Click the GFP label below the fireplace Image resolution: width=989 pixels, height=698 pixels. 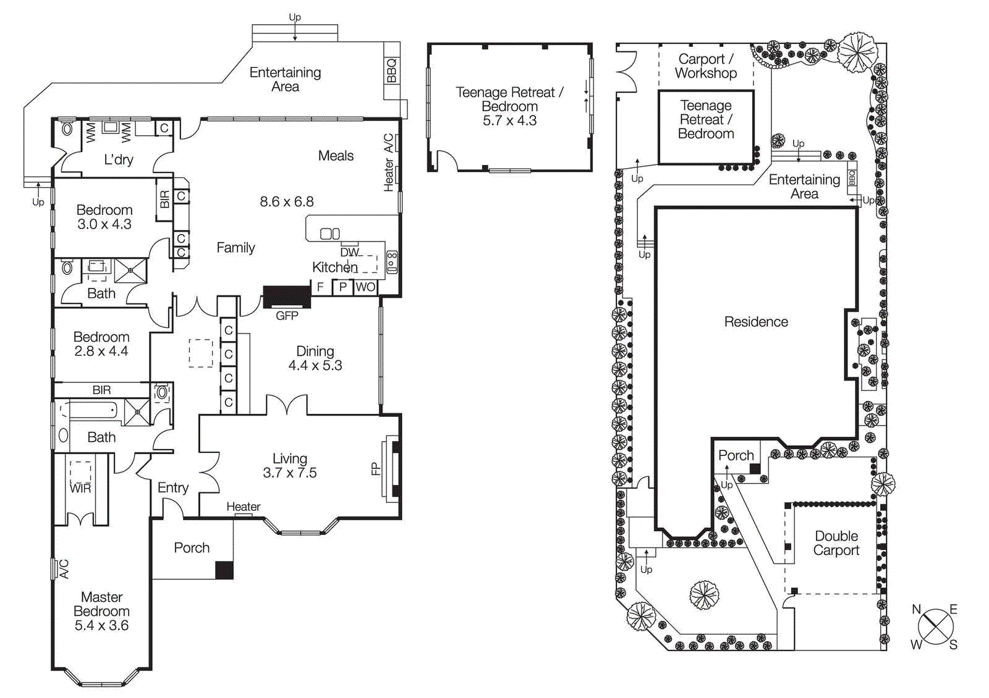point(287,316)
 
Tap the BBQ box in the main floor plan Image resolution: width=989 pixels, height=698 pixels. point(392,70)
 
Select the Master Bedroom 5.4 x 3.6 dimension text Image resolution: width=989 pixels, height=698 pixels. point(101,625)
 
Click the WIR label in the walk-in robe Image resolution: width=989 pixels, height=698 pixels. point(80,488)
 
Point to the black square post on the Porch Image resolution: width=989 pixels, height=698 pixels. point(224,570)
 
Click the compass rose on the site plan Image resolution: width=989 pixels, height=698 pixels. point(935,627)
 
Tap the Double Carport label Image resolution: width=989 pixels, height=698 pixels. point(836,543)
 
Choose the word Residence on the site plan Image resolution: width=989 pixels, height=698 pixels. point(756,322)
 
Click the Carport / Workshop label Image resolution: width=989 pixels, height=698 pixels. point(705,66)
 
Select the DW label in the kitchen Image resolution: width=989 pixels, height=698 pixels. point(349,252)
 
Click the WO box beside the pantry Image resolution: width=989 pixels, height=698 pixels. point(365,287)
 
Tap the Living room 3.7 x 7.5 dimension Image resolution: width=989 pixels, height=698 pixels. point(289,473)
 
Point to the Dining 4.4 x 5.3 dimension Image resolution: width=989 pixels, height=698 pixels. point(315,366)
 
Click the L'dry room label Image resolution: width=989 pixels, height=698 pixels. point(118,160)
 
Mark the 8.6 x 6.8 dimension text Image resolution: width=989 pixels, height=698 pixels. point(286,201)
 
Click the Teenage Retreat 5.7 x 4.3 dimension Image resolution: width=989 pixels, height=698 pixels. point(509,120)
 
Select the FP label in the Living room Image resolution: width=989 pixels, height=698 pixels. point(375,469)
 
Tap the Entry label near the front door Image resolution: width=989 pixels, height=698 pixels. point(172,488)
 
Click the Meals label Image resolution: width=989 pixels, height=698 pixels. point(336,156)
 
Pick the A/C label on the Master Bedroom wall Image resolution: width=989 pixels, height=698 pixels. point(64,568)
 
